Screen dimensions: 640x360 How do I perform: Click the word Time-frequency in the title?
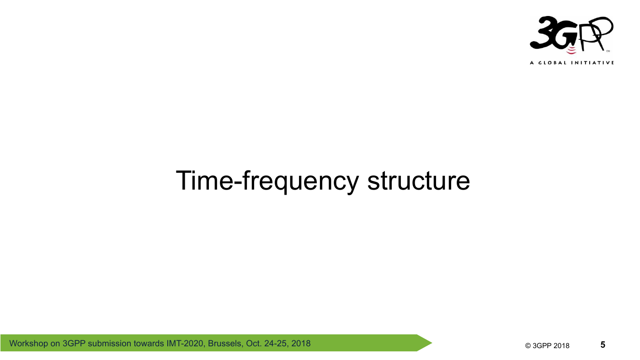[x=267, y=181]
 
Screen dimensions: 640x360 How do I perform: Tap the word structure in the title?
[x=419, y=180]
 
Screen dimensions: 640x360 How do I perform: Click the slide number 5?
[x=603, y=344]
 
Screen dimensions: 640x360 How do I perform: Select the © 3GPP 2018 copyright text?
[x=547, y=345]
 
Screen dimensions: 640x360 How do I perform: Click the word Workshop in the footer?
[x=28, y=344]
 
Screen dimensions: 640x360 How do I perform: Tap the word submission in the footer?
[x=109, y=344]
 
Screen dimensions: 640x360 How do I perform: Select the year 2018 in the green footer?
[x=301, y=344]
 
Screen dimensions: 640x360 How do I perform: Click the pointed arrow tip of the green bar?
[x=432, y=343]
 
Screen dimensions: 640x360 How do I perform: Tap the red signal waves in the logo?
[x=571, y=50]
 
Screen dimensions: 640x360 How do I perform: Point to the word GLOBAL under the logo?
[x=552, y=63]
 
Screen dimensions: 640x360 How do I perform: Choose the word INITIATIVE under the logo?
[x=592, y=63]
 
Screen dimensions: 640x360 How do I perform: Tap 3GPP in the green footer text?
[x=74, y=344]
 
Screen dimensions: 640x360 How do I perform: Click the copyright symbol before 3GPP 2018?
[x=528, y=346]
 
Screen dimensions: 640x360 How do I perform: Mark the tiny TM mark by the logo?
[x=608, y=51]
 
